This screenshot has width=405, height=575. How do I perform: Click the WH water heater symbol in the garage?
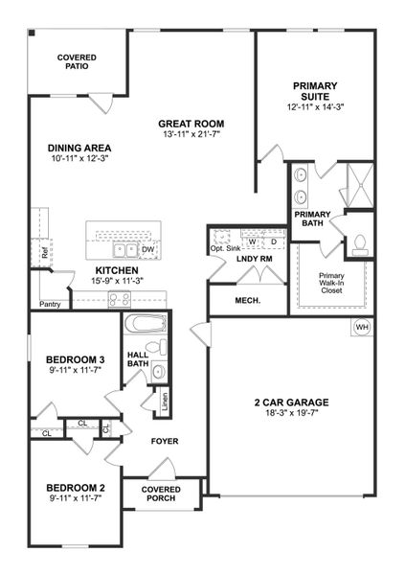(x=362, y=328)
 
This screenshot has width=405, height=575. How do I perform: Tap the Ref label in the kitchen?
(x=44, y=254)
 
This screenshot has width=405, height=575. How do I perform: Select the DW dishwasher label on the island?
(x=147, y=250)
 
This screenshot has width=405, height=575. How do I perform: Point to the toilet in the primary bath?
(x=361, y=242)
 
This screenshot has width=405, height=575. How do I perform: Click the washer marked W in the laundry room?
(x=253, y=241)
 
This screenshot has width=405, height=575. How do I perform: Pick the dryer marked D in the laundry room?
(x=273, y=241)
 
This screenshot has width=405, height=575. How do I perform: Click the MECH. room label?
(x=236, y=301)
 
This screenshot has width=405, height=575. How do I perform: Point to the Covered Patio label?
(x=76, y=63)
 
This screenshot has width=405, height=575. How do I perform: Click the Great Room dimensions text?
(x=191, y=134)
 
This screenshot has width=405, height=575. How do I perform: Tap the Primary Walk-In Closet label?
(x=331, y=283)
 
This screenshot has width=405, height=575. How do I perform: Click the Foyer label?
(x=165, y=441)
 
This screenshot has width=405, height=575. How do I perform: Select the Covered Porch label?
(x=161, y=494)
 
